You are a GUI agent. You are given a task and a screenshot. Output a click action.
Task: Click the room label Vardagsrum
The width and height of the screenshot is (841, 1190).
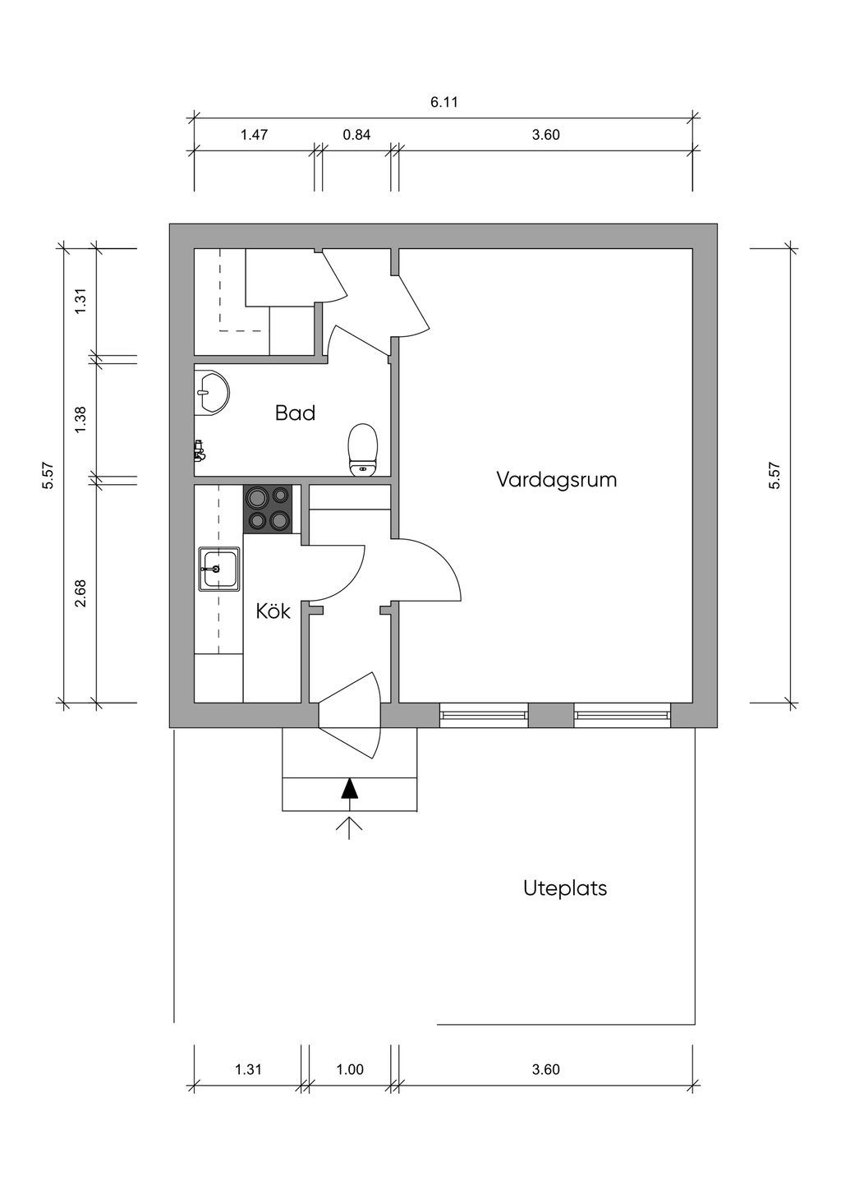pyautogui.click(x=556, y=479)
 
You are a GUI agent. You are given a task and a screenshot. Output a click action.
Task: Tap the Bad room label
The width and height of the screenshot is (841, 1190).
pyautogui.click(x=295, y=413)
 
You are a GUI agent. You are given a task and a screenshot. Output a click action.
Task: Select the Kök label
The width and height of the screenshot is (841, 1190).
pyautogui.click(x=273, y=611)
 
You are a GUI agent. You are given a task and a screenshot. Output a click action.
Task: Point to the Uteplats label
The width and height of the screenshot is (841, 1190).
pyautogui.click(x=565, y=888)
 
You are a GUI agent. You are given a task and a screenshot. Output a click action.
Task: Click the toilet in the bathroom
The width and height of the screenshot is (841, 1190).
pyautogui.click(x=363, y=450)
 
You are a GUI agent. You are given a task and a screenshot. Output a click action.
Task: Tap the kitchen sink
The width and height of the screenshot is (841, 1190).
pyautogui.click(x=218, y=569)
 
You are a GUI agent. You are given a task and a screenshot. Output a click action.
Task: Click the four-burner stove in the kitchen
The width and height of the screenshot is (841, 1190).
pyautogui.click(x=268, y=509)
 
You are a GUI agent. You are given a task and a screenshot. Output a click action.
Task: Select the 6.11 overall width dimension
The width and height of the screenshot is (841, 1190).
pyautogui.click(x=443, y=102)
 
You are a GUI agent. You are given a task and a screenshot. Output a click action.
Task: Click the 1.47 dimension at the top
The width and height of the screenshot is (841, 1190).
pyautogui.click(x=254, y=135)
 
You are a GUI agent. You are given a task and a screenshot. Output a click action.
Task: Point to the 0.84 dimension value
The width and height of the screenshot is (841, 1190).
pyautogui.click(x=356, y=135)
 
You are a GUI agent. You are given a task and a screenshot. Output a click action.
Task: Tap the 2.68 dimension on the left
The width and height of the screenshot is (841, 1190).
pyautogui.click(x=80, y=593)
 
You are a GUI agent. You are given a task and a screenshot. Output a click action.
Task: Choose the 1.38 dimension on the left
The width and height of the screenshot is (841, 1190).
pyautogui.click(x=80, y=420)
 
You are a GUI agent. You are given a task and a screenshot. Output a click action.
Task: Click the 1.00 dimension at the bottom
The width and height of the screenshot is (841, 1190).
pyautogui.click(x=350, y=1069)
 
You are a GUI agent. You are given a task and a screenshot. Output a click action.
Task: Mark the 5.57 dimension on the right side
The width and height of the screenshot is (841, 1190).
pyautogui.click(x=774, y=476)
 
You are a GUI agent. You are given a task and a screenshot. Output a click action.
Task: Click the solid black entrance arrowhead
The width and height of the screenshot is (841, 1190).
pyautogui.click(x=349, y=788)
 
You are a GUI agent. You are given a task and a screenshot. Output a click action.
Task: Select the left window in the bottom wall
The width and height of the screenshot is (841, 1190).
pyautogui.click(x=484, y=715)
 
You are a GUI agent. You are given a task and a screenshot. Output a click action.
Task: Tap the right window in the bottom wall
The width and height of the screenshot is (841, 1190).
pyautogui.click(x=623, y=715)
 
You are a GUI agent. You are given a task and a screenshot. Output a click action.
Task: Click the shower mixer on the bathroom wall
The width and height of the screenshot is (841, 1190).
pyautogui.click(x=199, y=451)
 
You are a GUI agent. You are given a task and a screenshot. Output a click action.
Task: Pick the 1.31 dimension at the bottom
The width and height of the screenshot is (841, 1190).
pyautogui.click(x=249, y=1069)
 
